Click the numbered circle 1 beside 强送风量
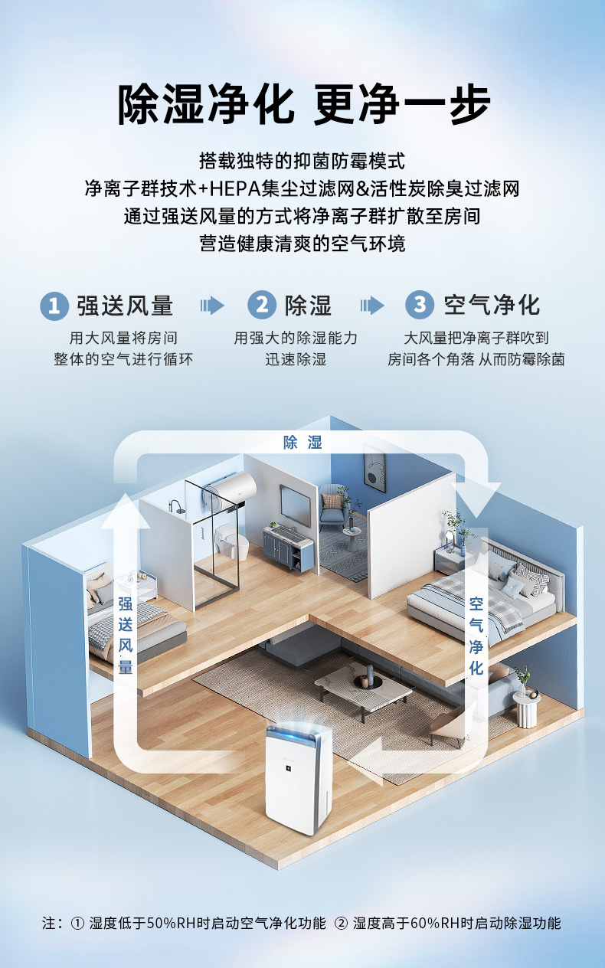53,305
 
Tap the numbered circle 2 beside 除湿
261,305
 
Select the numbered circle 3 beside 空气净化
419,305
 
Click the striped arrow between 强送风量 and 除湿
212,306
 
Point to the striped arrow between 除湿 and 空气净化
372,306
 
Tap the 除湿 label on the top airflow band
302,443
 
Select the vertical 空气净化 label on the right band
476,636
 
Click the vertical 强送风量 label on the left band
126,636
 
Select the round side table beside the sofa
527,708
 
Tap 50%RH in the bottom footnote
162,923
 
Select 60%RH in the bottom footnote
426,923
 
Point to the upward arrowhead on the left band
126,509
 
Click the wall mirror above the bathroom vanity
293,502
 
